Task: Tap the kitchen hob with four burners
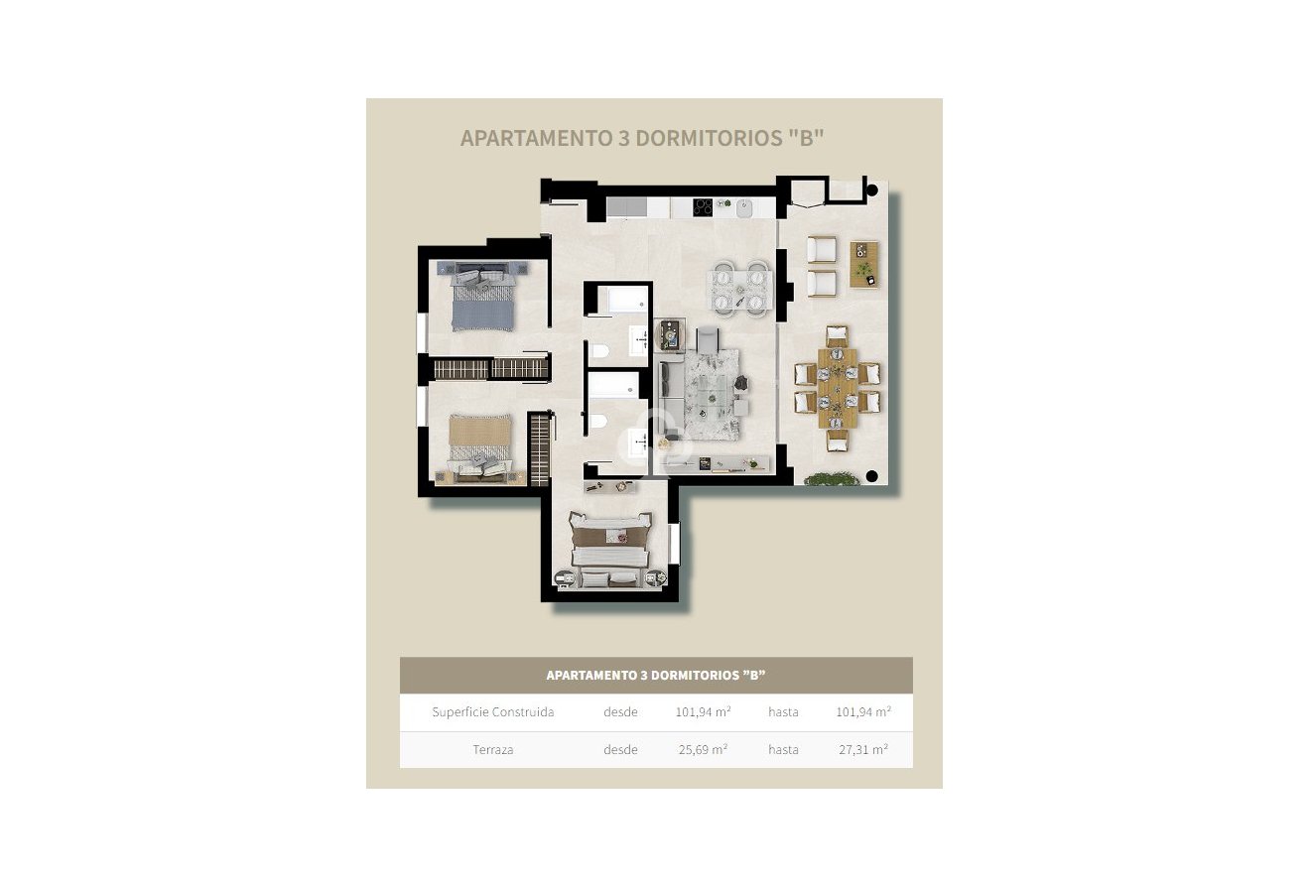click(703, 207)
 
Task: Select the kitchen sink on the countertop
click(743, 208)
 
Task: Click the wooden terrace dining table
click(838, 388)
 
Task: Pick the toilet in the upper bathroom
click(599, 350)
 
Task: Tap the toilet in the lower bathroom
click(598, 423)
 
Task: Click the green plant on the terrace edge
click(832, 480)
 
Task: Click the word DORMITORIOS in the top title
click(706, 138)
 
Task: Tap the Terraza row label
click(493, 750)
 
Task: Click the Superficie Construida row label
click(493, 712)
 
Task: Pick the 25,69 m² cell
click(703, 750)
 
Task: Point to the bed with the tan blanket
click(480, 443)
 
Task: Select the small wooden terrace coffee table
click(863, 264)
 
